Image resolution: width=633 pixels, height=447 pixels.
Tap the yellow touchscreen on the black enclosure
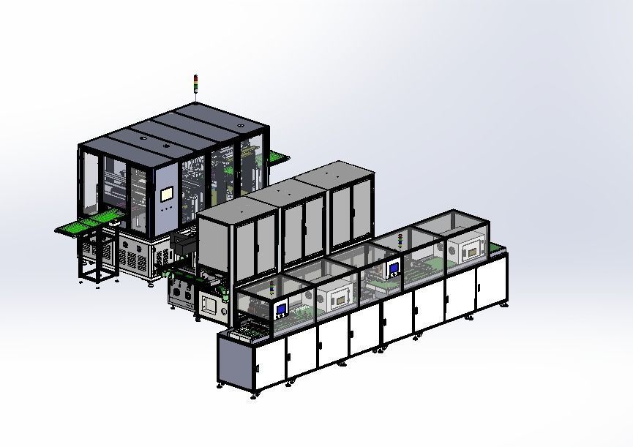point(166,195)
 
